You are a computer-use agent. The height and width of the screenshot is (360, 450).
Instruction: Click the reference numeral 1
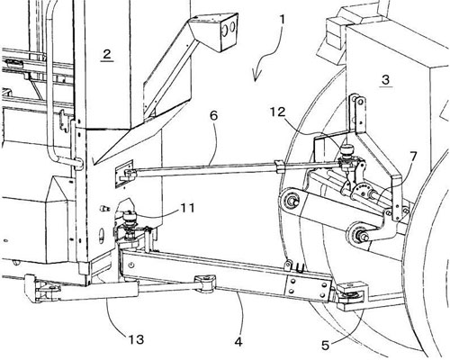(x=282, y=22)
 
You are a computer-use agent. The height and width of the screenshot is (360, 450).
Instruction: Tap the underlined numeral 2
(x=107, y=54)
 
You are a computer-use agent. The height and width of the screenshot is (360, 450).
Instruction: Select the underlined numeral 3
(x=386, y=79)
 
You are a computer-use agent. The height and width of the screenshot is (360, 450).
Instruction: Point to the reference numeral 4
(x=238, y=341)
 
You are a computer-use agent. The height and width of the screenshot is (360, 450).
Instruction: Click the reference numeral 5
(x=326, y=346)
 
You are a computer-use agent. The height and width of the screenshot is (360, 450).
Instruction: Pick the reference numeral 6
(x=213, y=115)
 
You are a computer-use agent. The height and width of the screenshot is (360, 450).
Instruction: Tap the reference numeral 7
(x=413, y=157)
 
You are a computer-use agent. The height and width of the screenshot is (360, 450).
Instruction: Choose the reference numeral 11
(x=185, y=208)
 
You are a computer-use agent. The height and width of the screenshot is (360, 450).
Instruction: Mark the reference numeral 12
(x=278, y=112)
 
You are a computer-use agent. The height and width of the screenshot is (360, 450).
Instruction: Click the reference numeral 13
(x=137, y=339)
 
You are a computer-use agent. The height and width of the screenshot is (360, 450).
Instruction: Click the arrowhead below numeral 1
(x=256, y=76)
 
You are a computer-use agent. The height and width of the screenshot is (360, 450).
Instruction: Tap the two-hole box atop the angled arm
(x=224, y=31)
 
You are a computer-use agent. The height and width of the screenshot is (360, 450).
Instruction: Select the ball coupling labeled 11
(x=130, y=223)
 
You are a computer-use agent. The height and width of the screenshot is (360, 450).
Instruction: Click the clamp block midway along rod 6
(x=279, y=166)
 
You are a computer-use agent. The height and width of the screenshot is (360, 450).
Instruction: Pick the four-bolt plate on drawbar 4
(x=307, y=287)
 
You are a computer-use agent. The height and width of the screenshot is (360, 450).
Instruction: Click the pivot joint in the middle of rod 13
(x=205, y=283)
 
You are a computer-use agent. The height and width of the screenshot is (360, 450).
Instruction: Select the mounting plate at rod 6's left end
(x=124, y=175)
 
